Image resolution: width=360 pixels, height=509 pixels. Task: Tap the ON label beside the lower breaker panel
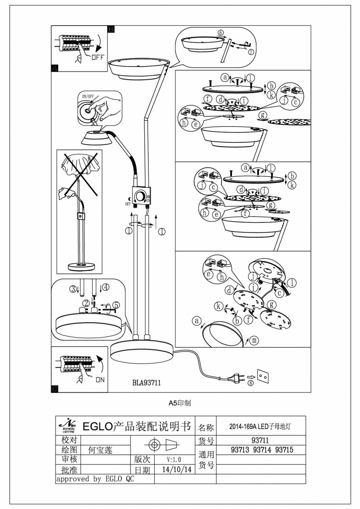click(x=100, y=380)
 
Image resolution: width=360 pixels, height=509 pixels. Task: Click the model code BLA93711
click(x=146, y=383)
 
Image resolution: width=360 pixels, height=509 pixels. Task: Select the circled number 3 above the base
click(x=73, y=289)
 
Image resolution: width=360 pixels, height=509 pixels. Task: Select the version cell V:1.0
click(x=174, y=459)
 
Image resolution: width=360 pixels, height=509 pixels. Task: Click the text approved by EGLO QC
click(x=95, y=479)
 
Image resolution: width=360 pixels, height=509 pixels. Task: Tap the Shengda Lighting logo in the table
click(x=68, y=426)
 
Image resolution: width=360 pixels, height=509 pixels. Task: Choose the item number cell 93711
click(x=260, y=440)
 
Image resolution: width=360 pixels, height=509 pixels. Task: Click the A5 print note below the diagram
click(x=180, y=403)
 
